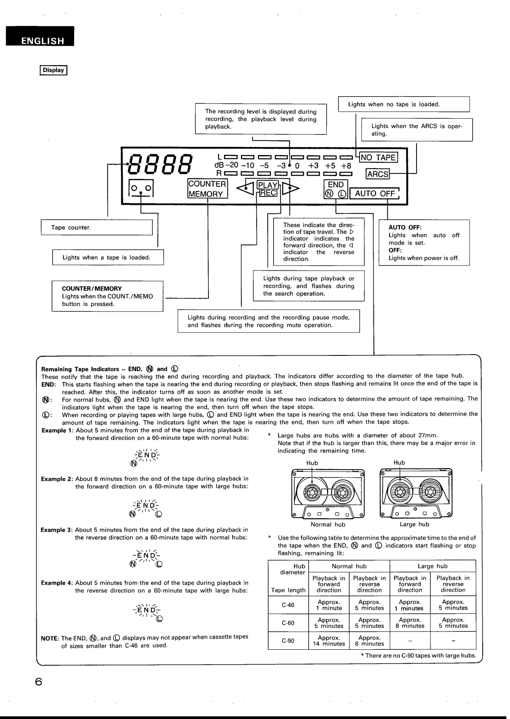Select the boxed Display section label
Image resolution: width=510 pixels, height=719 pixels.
point(53,70)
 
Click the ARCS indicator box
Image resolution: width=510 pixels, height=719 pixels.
point(377,173)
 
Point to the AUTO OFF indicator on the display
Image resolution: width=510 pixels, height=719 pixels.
point(375,194)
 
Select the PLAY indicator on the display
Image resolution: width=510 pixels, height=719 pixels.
point(268,185)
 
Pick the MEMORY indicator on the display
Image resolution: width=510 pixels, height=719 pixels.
point(206,194)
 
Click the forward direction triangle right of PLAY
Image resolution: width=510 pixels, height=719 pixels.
point(291,188)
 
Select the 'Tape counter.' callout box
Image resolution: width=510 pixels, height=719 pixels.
point(97,227)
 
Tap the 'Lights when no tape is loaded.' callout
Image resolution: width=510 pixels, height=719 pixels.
point(404,104)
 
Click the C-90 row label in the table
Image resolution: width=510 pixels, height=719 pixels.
point(288,640)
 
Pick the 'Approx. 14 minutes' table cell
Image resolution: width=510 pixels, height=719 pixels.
point(329,640)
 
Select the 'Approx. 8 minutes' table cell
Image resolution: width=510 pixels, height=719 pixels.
point(410,623)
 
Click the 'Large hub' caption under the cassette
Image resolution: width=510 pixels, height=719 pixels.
point(414,524)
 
